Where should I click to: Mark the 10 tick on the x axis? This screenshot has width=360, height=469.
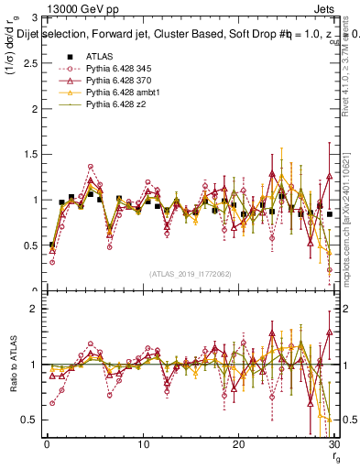coord(143,444)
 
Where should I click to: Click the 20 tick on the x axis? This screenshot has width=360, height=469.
coord(239,444)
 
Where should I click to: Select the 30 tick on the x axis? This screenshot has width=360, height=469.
coord(335,444)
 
